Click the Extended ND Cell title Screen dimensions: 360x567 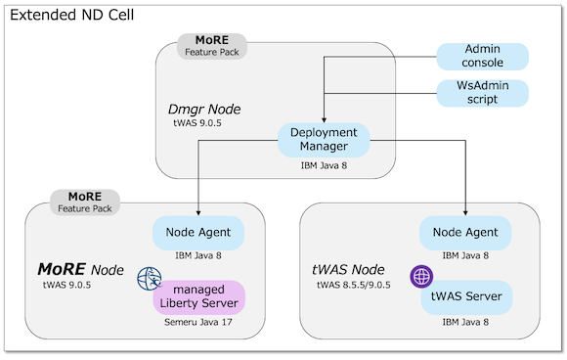click(x=71, y=17)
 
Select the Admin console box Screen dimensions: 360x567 click(x=481, y=56)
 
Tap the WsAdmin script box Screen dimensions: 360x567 click(x=481, y=94)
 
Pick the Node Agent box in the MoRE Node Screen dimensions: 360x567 click(x=197, y=233)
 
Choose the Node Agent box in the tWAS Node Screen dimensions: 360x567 click(x=464, y=233)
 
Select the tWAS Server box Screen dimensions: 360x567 click(x=465, y=296)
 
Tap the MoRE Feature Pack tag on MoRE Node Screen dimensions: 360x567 click(x=86, y=202)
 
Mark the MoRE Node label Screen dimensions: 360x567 click(x=80, y=268)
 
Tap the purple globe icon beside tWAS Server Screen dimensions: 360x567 click(x=420, y=276)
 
